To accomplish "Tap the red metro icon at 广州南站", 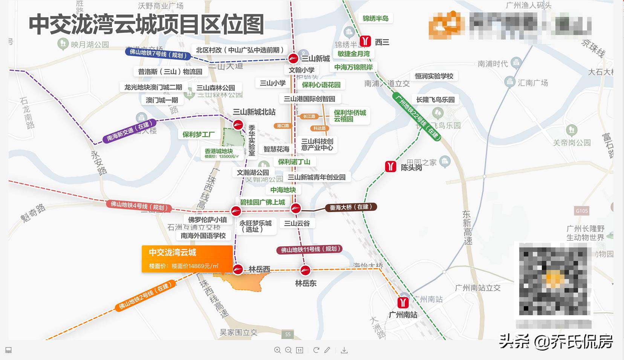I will pos(403,303).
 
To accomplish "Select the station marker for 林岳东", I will pos(305,270).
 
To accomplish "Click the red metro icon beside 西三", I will pos(366,41).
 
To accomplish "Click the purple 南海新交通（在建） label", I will pos(129,131).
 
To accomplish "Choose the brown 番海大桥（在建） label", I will pos(351,207).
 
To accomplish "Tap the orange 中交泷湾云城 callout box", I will pos(187,259).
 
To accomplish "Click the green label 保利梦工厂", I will pos(199,134).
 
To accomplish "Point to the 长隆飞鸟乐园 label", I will pos(435,100).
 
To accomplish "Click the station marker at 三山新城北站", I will pos(238,124).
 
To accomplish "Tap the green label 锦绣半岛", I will pos(375,18).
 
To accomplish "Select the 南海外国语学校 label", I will pos(203,236).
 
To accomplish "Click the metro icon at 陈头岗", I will pos(391,166).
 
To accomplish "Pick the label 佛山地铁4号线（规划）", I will pos(139,206).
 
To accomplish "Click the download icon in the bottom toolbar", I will pos(344,350).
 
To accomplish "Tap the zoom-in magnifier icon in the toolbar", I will pos(277,350).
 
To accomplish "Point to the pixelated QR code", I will pos(553,279).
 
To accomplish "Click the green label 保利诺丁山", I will pos(294,162).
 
